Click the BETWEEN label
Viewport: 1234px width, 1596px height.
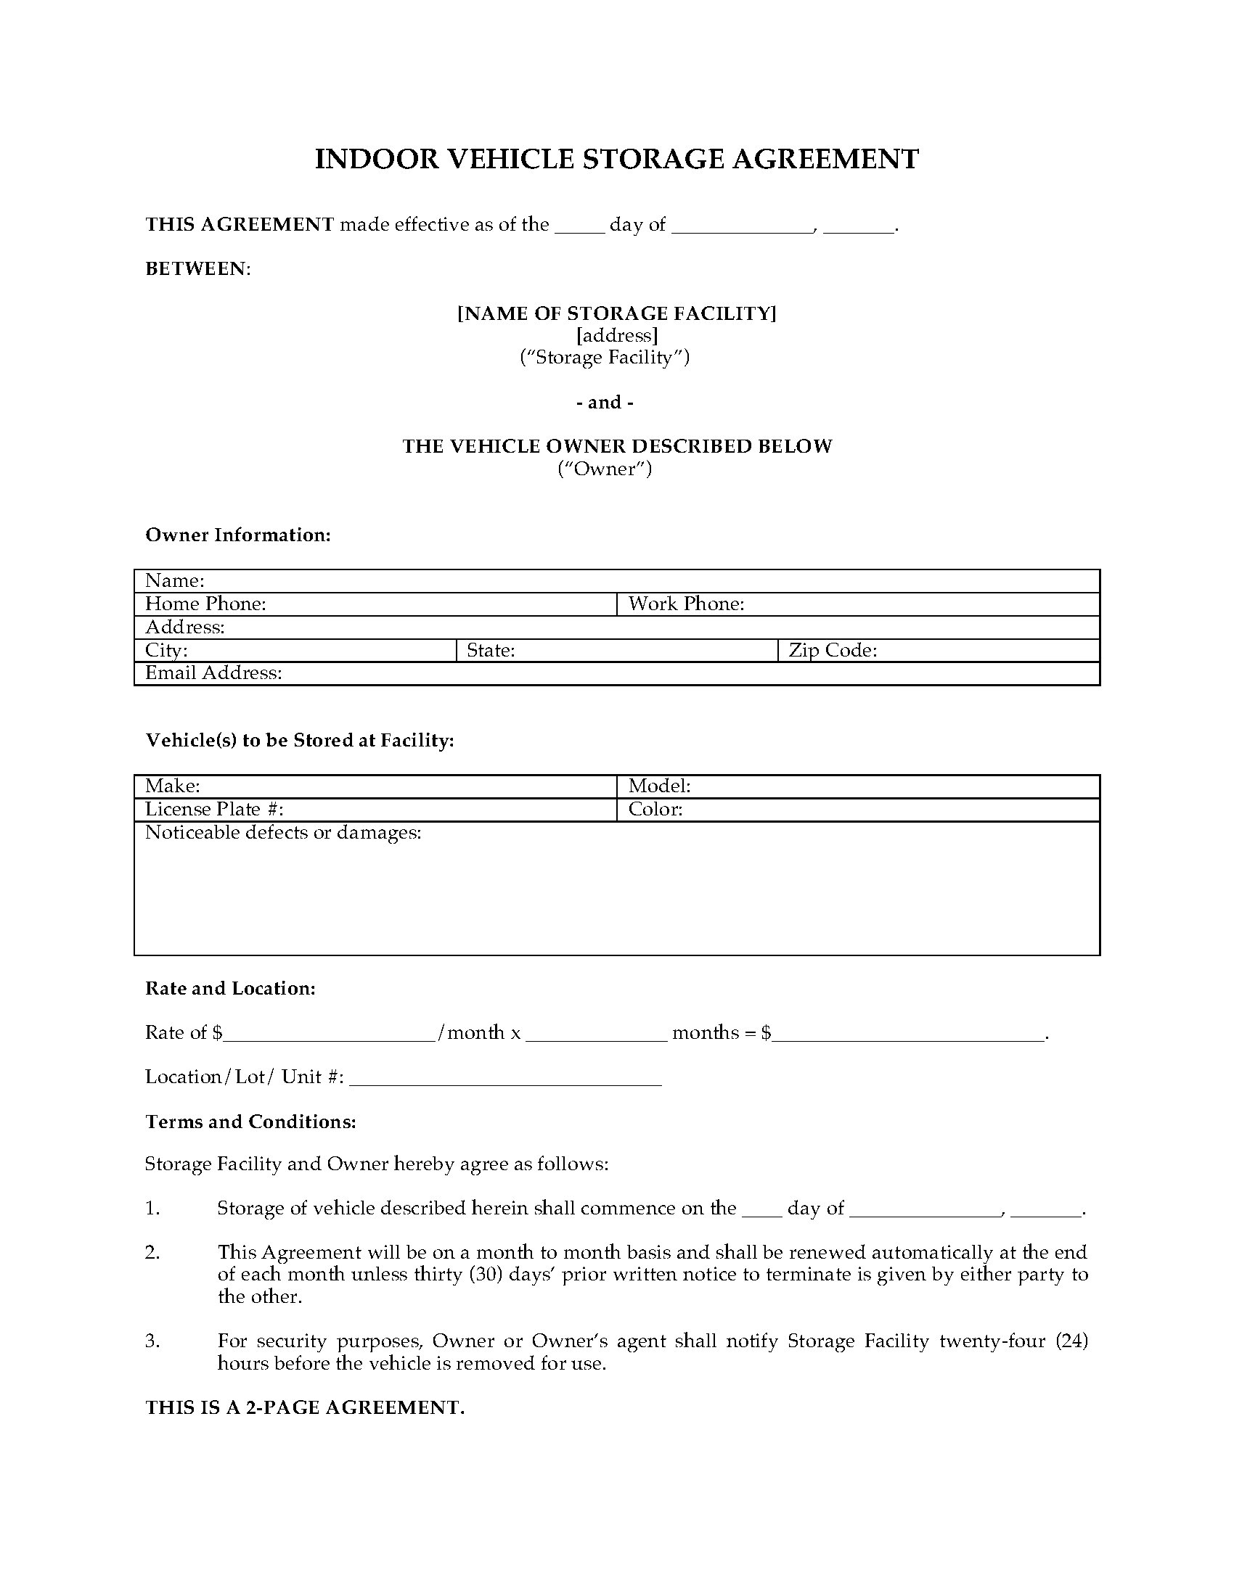[x=197, y=269]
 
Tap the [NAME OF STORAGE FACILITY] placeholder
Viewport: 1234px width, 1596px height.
[x=616, y=313]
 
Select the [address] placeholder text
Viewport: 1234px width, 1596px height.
[x=616, y=335]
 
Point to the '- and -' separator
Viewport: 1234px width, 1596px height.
[x=610, y=402]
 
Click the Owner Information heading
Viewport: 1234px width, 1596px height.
[x=237, y=535]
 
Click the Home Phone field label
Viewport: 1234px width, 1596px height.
[x=205, y=604]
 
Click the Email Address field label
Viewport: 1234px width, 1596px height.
[x=213, y=673]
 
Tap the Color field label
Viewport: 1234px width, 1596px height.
[x=655, y=810]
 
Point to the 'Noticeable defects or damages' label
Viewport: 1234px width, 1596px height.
[x=283, y=833]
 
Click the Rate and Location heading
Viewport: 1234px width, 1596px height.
[x=230, y=989]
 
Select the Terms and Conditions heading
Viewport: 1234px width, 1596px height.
[x=250, y=1122]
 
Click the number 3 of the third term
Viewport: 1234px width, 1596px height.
[x=152, y=1341]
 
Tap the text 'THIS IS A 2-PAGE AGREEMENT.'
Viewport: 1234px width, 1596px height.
[x=305, y=1408]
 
